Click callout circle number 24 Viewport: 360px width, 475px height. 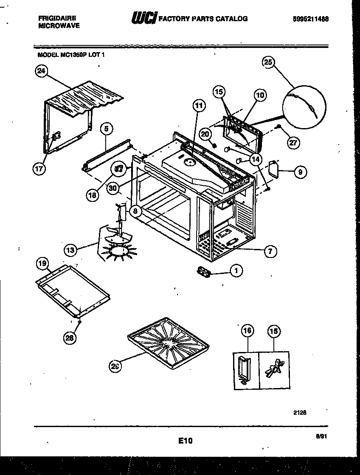tap(41, 72)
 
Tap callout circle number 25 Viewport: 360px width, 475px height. tap(267, 62)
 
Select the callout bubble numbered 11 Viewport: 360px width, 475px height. tap(199, 106)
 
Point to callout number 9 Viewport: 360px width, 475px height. tap(301, 172)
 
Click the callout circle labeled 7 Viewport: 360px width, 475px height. tap(270, 251)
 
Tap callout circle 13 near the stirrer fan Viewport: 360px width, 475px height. tap(71, 250)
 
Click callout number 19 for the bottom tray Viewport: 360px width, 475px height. tap(42, 264)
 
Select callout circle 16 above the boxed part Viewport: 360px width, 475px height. tap(247, 330)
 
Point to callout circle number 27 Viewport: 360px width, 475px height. tap(292, 142)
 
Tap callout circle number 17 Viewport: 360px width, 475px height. tap(39, 168)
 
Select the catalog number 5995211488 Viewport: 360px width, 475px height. tap(310, 19)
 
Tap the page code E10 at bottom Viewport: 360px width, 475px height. tap(186, 441)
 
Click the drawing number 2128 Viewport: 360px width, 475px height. tap(300, 412)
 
